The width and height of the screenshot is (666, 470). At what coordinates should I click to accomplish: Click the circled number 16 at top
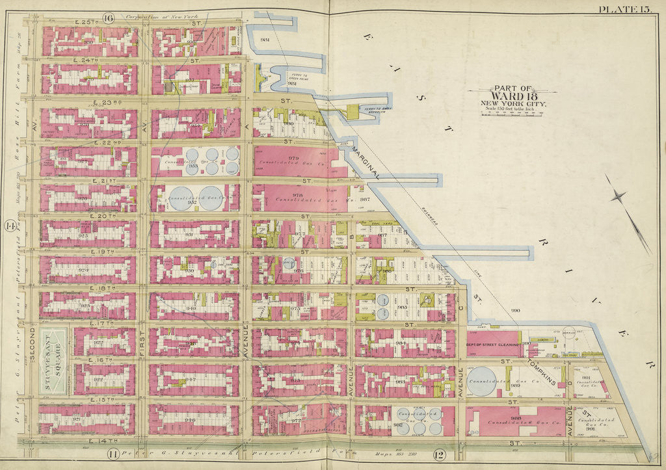click(108, 18)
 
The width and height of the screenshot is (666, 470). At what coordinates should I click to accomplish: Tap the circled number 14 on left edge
click(10, 226)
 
